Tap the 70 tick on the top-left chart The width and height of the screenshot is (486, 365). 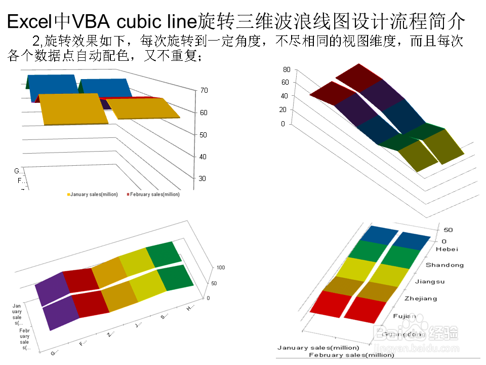[204, 90]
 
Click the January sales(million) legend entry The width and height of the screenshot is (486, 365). [93, 194]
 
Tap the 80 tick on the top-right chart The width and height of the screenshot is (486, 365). [286, 69]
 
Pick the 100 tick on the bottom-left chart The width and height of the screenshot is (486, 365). [220, 268]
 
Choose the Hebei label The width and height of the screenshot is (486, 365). [448, 249]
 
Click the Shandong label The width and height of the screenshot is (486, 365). [444, 265]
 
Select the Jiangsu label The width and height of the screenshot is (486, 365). [430, 281]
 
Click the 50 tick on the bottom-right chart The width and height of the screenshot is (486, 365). [448, 230]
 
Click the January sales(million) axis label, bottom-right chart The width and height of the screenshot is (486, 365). [318, 348]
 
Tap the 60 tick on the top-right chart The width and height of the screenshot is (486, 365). [286, 82]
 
